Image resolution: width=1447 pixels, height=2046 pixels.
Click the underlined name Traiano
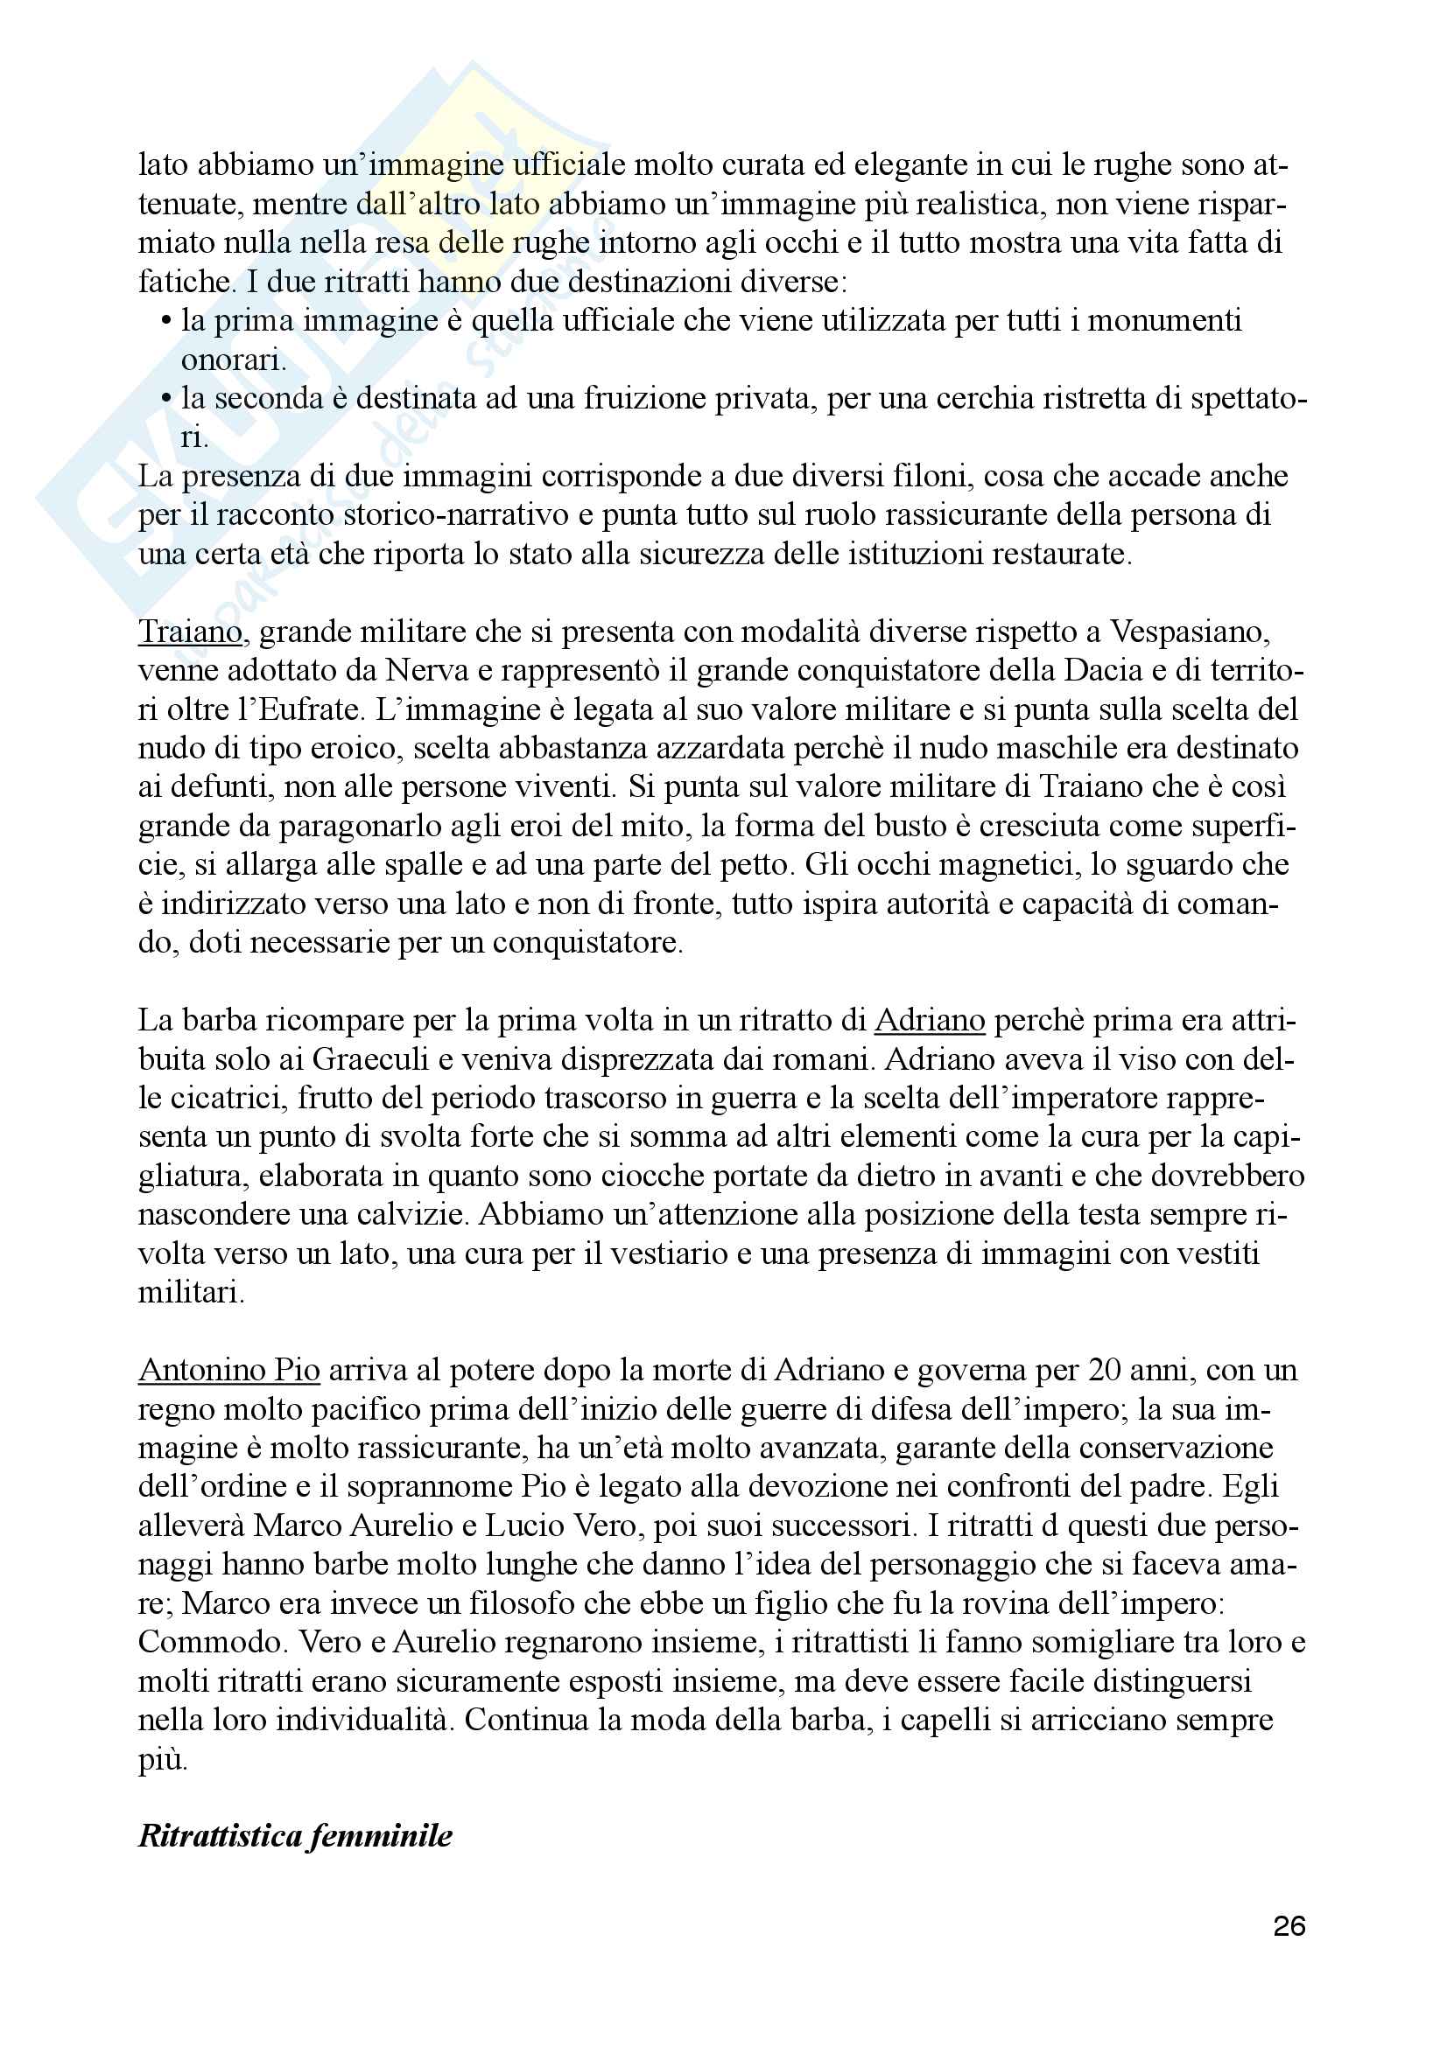190,632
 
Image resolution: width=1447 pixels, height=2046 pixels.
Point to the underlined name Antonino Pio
229,1370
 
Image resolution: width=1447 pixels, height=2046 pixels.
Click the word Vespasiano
1190,632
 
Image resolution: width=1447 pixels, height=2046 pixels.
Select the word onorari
232,361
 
